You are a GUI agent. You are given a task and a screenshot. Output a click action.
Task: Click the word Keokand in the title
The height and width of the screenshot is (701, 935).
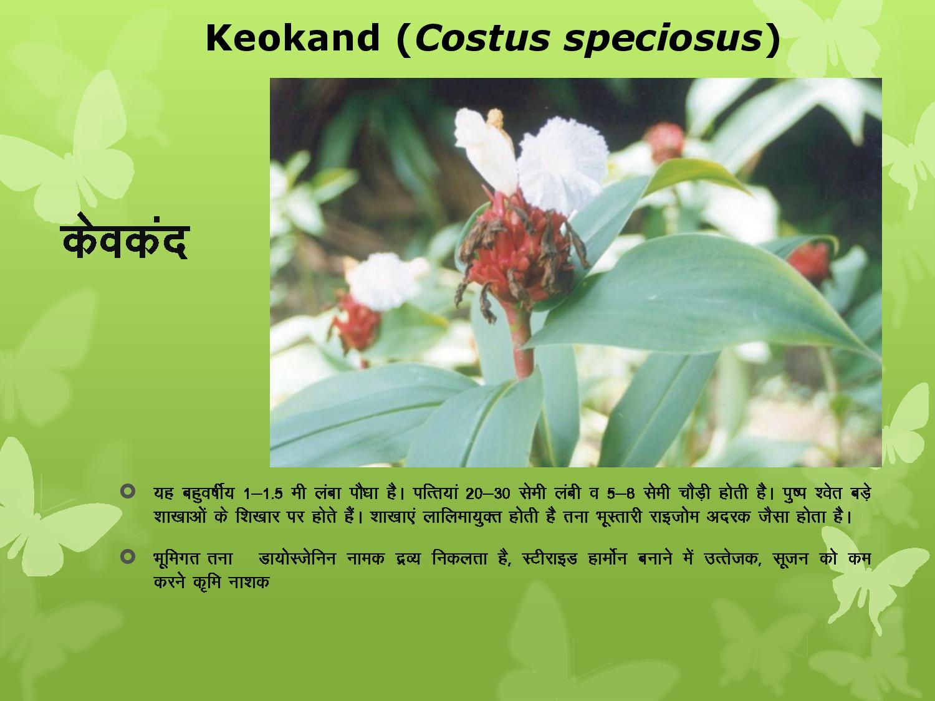click(292, 38)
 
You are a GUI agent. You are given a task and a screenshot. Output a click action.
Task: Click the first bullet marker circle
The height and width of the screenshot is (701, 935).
click(128, 492)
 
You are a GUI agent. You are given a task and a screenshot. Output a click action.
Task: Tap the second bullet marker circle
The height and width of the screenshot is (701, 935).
click(128, 556)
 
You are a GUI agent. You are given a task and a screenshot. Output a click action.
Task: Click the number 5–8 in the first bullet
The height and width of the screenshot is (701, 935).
click(621, 494)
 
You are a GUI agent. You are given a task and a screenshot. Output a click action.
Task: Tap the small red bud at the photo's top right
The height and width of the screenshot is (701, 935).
click(665, 143)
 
